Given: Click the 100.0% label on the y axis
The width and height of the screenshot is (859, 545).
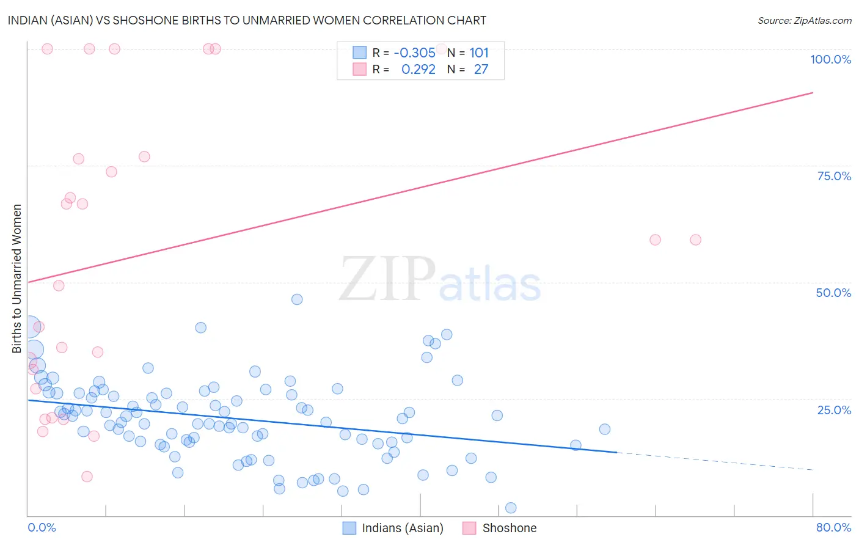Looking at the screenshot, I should (x=830, y=59).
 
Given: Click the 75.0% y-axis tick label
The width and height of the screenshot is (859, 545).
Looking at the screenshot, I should (x=834, y=176).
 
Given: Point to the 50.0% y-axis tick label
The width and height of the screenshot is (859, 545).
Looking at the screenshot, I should (x=833, y=293).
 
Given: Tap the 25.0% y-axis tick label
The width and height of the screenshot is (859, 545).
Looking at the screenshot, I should (x=834, y=409).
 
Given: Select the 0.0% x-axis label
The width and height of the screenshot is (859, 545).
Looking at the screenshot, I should (x=42, y=527).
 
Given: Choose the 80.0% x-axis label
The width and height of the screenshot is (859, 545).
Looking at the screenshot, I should (x=833, y=527).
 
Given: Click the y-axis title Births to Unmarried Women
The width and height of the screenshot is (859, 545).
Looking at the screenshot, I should (x=17, y=279).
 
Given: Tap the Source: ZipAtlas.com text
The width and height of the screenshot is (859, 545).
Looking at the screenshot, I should (x=804, y=20).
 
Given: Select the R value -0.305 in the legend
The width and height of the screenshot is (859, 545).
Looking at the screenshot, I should (x=414, y=53).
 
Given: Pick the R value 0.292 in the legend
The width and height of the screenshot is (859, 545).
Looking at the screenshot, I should (x=418, y=70).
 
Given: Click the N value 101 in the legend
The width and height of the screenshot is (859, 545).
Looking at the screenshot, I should (x=479, y=53).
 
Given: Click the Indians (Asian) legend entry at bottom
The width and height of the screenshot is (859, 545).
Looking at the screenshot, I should (x=402, y=528).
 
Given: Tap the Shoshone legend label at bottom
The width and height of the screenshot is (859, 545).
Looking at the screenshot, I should (x=509, y=528).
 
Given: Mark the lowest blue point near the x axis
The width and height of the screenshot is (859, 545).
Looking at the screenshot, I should (x=511, y=508).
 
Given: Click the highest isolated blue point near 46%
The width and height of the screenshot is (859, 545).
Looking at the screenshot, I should (x=297, y=299).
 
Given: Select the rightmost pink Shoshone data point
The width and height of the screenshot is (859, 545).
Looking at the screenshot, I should (x=695, y=240).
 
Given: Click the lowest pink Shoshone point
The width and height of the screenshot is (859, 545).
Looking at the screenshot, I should (x=87, y=477).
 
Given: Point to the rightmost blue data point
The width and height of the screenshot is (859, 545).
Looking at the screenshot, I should (x=605, y=429).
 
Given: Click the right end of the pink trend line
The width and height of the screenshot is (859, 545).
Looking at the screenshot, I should (x=813, y=92).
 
